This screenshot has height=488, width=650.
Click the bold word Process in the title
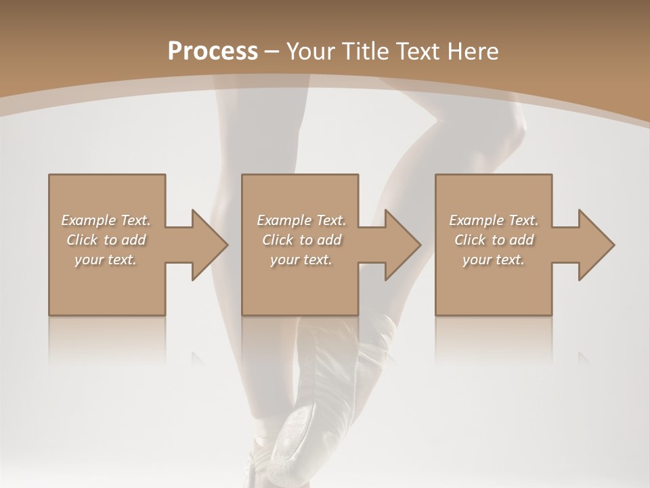pyautogui.click(x=213, y=52)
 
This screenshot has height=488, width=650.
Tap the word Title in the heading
pyautogui.click(x=366, y=52)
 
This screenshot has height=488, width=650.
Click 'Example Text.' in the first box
pyautogui.click(x=106, y=220)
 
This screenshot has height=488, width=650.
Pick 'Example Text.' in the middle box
pyautogui.click(x=301, y=220)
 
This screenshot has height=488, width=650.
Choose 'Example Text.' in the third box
pyautogui.click(x=494, y=220)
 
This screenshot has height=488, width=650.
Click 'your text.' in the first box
pyautogui.click(x=106, y=260)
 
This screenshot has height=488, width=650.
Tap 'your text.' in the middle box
pyautogui.click(x=301, y=260)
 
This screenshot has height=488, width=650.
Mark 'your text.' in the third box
pyautogui.click(x=494, y=260)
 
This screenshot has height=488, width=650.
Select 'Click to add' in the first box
pyautogui.click(x=106, y=240)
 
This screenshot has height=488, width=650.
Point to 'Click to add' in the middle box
pyautogui.click(x=301, y=240)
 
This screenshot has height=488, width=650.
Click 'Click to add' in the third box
pyautogui.click(x=494, y=240)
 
